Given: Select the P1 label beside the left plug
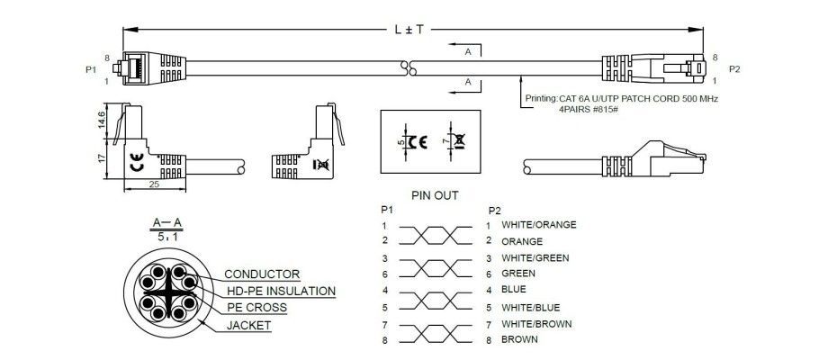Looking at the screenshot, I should pos(90,69).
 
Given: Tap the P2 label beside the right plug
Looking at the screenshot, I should pos(734,69).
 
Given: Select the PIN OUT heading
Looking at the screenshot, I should pos(435,194).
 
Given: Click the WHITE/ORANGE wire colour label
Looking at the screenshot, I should pos(538,224).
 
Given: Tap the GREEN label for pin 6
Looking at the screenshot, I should pos(518,274).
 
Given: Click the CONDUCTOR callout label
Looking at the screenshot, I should pos(262,274).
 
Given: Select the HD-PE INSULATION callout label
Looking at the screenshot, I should pos(280,292).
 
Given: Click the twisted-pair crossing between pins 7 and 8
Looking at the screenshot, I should pos(435,331).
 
